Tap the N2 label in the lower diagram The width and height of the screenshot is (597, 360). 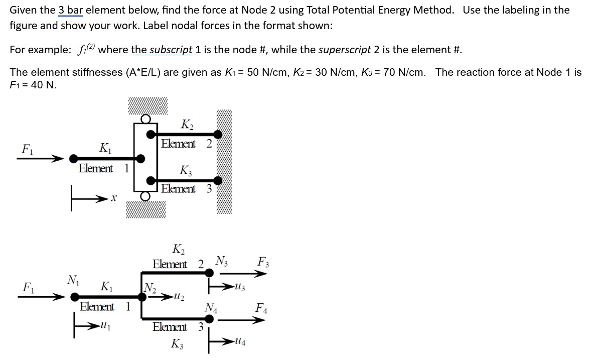click(x=150, y=288)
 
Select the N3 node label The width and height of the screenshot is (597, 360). click(x=221, y=261)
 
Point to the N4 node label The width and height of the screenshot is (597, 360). click(x=211, y=307)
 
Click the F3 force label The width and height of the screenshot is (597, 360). click(x=262, y=262)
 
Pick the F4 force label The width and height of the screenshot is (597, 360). click(x=261, y=308)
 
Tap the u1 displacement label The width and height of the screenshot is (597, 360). click(x=106, y=326)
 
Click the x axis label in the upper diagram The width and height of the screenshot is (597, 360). click(x=114, y=199)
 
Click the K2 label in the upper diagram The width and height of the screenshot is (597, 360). click(x=186, y=124)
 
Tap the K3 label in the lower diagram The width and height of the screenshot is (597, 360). click(x=177, y=344)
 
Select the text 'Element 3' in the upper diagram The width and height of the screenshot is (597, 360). click(x=185, y=189)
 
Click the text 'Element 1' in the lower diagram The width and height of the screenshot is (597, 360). click(x=105, y=306)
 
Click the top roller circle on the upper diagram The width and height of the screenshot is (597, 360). click(x=145, y=119)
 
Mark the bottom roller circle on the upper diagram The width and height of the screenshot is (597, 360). click(x=145, y=196)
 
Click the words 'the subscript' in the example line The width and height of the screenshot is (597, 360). click(x=162, y=50)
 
